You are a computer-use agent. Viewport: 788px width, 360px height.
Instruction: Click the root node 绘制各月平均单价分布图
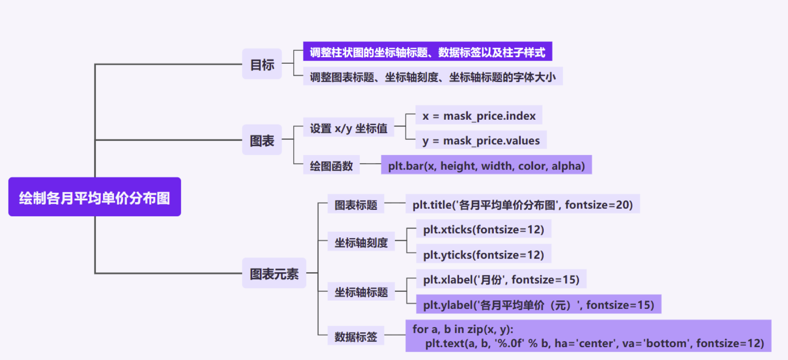pyautogui.click(x=95, y=197)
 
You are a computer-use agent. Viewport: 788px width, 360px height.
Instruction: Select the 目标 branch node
pyautogui.click(x=262, y=64)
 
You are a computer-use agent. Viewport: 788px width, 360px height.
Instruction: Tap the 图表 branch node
pyautogui.click(x=262, y=140)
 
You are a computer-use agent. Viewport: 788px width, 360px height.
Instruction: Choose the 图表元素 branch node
pyautogui.click(x=274, y=273)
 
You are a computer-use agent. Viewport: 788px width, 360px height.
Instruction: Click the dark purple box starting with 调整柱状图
pyautogui.click(x=427, y=52)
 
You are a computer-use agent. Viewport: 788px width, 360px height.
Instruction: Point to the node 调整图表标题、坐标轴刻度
pyautogui.click(x=433, y=76)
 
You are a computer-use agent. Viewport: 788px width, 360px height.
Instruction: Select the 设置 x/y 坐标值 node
pyautogui.click(x=349, y=128)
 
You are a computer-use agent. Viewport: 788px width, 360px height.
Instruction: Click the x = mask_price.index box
pyautogui.click(x=479, y=116)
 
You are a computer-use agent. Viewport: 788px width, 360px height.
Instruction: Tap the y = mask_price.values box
pyautogui.click(x=481, y=140)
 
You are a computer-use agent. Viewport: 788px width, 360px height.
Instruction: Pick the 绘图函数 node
pyautogui.click(x=331, y=165)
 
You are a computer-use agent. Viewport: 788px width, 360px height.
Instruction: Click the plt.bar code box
pyautogui.click(x=486, y=165)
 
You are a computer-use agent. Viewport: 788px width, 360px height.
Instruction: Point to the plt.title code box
pyautogui.click(x=523, y=204)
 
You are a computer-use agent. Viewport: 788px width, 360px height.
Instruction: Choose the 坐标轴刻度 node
pyautogui.click(x=361, y=242)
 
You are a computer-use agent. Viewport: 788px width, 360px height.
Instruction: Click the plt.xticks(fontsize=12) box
pyautogui.click(x=484, y=229)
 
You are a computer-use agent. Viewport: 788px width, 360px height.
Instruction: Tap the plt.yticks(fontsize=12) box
pyautogui.click(x=484, y=254)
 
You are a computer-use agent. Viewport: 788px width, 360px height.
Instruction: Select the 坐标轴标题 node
pyautogui.click(x=361, y=291)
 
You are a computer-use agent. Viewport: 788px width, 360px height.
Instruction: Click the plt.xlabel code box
pyautogui.click(x=501, y=279)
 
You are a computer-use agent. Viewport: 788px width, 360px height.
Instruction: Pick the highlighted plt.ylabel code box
pyautogui.click(x=538, y=304)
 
